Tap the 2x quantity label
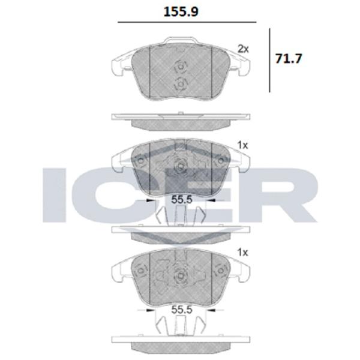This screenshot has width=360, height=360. tap(242, 48)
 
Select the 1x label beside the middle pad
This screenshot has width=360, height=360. tap(242, 145)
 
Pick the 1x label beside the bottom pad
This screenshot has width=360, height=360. tap(242, 252)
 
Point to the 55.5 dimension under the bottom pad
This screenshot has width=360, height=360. tap(181, 310)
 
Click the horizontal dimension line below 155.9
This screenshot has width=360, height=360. tap(186, 22)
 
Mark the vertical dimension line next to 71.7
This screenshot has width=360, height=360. tap(270, 60)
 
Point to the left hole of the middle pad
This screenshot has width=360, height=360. tap(140, 162)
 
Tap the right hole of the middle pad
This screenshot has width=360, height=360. tap(220, 161)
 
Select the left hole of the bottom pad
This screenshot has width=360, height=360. tap(140, 269)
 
